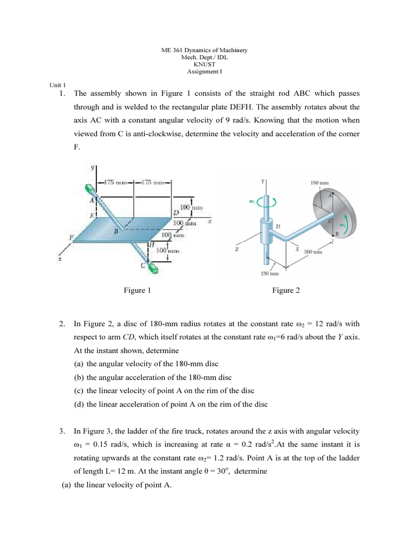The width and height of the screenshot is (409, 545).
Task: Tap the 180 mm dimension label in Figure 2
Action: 320,182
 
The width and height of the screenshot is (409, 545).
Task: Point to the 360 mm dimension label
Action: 313,251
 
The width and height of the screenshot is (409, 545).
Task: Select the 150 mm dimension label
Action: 268,275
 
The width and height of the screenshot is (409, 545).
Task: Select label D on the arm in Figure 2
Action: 277,227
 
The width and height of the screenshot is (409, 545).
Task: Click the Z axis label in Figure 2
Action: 236,249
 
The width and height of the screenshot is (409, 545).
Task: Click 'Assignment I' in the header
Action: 204,71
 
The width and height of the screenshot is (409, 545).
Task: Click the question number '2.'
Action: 62,323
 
